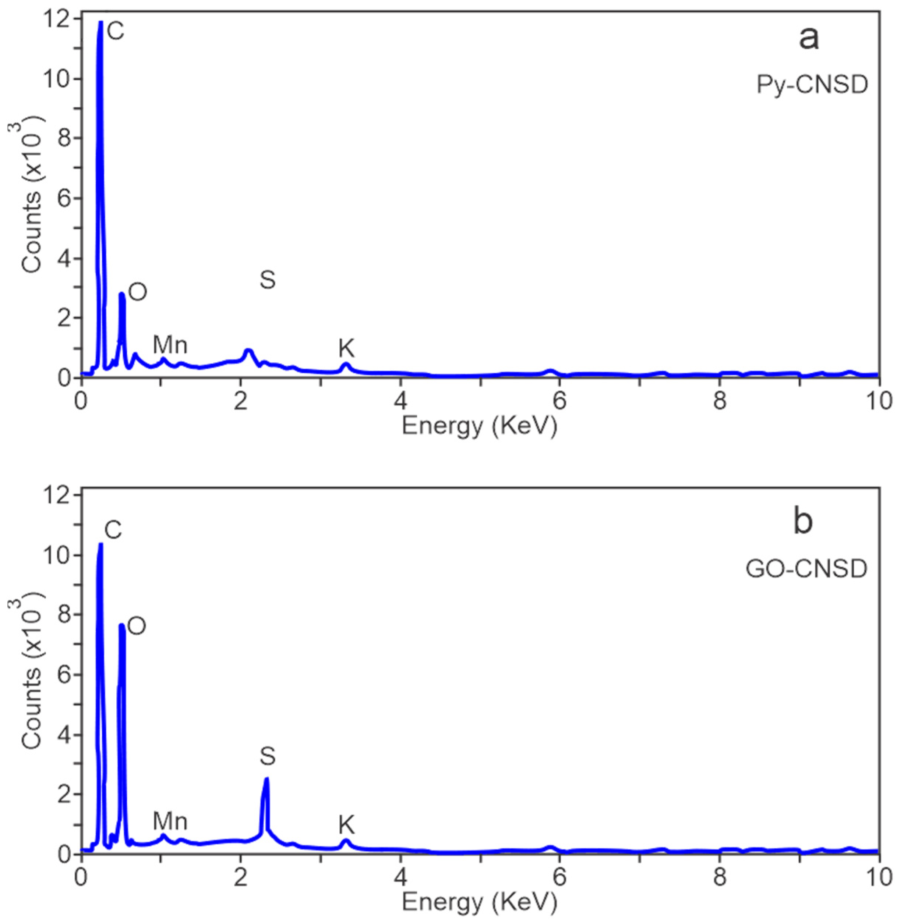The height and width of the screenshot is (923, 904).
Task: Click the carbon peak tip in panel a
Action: click(x=100, y=22)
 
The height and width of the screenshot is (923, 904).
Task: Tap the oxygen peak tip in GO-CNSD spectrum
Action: click(x=121, y=625)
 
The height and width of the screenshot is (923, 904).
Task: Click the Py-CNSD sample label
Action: click(x=812, y=85)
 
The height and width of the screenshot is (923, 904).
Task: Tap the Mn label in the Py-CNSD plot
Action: click(x=170, y=345)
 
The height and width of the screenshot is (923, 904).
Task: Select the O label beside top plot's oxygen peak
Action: click(x=138, y=293)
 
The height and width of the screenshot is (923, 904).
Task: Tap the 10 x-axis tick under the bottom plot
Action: click(x=878, y=878)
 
